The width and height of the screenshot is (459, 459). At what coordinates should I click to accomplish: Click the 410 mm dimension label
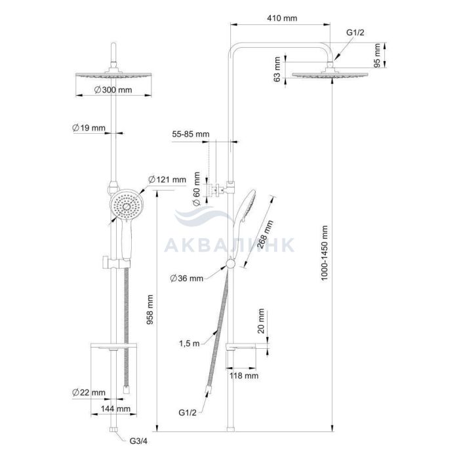282,18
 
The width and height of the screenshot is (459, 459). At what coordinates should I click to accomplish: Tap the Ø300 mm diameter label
113,90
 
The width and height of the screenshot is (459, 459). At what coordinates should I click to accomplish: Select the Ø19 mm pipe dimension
89,128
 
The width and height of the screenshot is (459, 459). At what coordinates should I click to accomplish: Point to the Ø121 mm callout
167,179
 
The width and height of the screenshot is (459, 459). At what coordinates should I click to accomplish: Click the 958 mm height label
150,309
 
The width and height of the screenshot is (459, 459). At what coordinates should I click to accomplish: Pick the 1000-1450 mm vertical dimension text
324,253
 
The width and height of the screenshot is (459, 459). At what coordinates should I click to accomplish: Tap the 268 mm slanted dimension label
265,234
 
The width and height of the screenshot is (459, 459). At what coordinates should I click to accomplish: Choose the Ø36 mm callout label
186,278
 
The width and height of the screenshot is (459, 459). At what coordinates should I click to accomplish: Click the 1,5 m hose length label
189,343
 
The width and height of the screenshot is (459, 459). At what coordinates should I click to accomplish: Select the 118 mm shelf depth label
244,376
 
